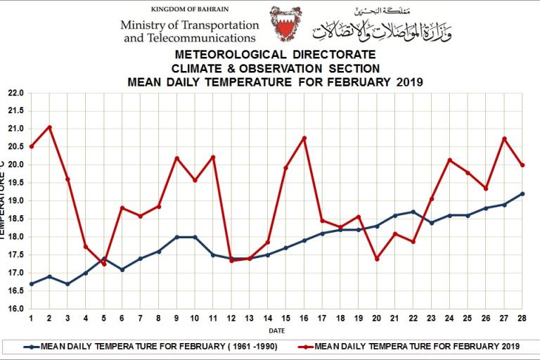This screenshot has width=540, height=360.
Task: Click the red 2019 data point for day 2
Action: (x=49, y=127)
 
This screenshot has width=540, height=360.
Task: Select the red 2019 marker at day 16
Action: (x=304, y=138)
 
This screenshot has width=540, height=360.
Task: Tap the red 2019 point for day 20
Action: (x=377, y=259)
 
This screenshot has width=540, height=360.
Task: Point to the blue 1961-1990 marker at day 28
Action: (x=522, y=193)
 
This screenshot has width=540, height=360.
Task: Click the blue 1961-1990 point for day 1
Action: (x=32, y=283)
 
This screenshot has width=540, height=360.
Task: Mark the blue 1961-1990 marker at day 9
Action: (x=176, y=237)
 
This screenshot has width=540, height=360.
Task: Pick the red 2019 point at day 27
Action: (x=504, y=139)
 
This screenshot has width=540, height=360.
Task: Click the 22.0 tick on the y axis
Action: (x=15, y=93)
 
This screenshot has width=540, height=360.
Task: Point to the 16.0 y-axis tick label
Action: (x=15, y=309)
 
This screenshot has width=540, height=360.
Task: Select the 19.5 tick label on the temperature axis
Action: (x=15, y=183)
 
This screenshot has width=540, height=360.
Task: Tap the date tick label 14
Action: (x=267, y=318)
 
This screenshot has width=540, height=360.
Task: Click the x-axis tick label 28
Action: (x=522, y=318)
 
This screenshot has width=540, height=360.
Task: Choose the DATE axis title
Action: (x=276, y=330)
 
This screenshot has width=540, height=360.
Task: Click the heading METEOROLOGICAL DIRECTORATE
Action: (x=275, y=55)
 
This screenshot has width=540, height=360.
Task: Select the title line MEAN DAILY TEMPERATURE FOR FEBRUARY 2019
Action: (x=275, y=82)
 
